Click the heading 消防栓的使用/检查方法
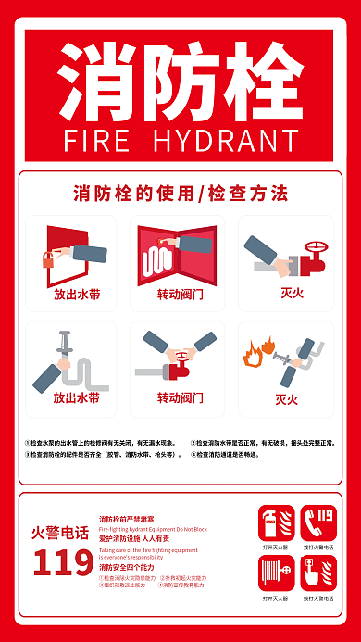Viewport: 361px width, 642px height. (180, 194)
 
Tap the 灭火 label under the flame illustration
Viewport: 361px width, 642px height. (286, 399)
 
